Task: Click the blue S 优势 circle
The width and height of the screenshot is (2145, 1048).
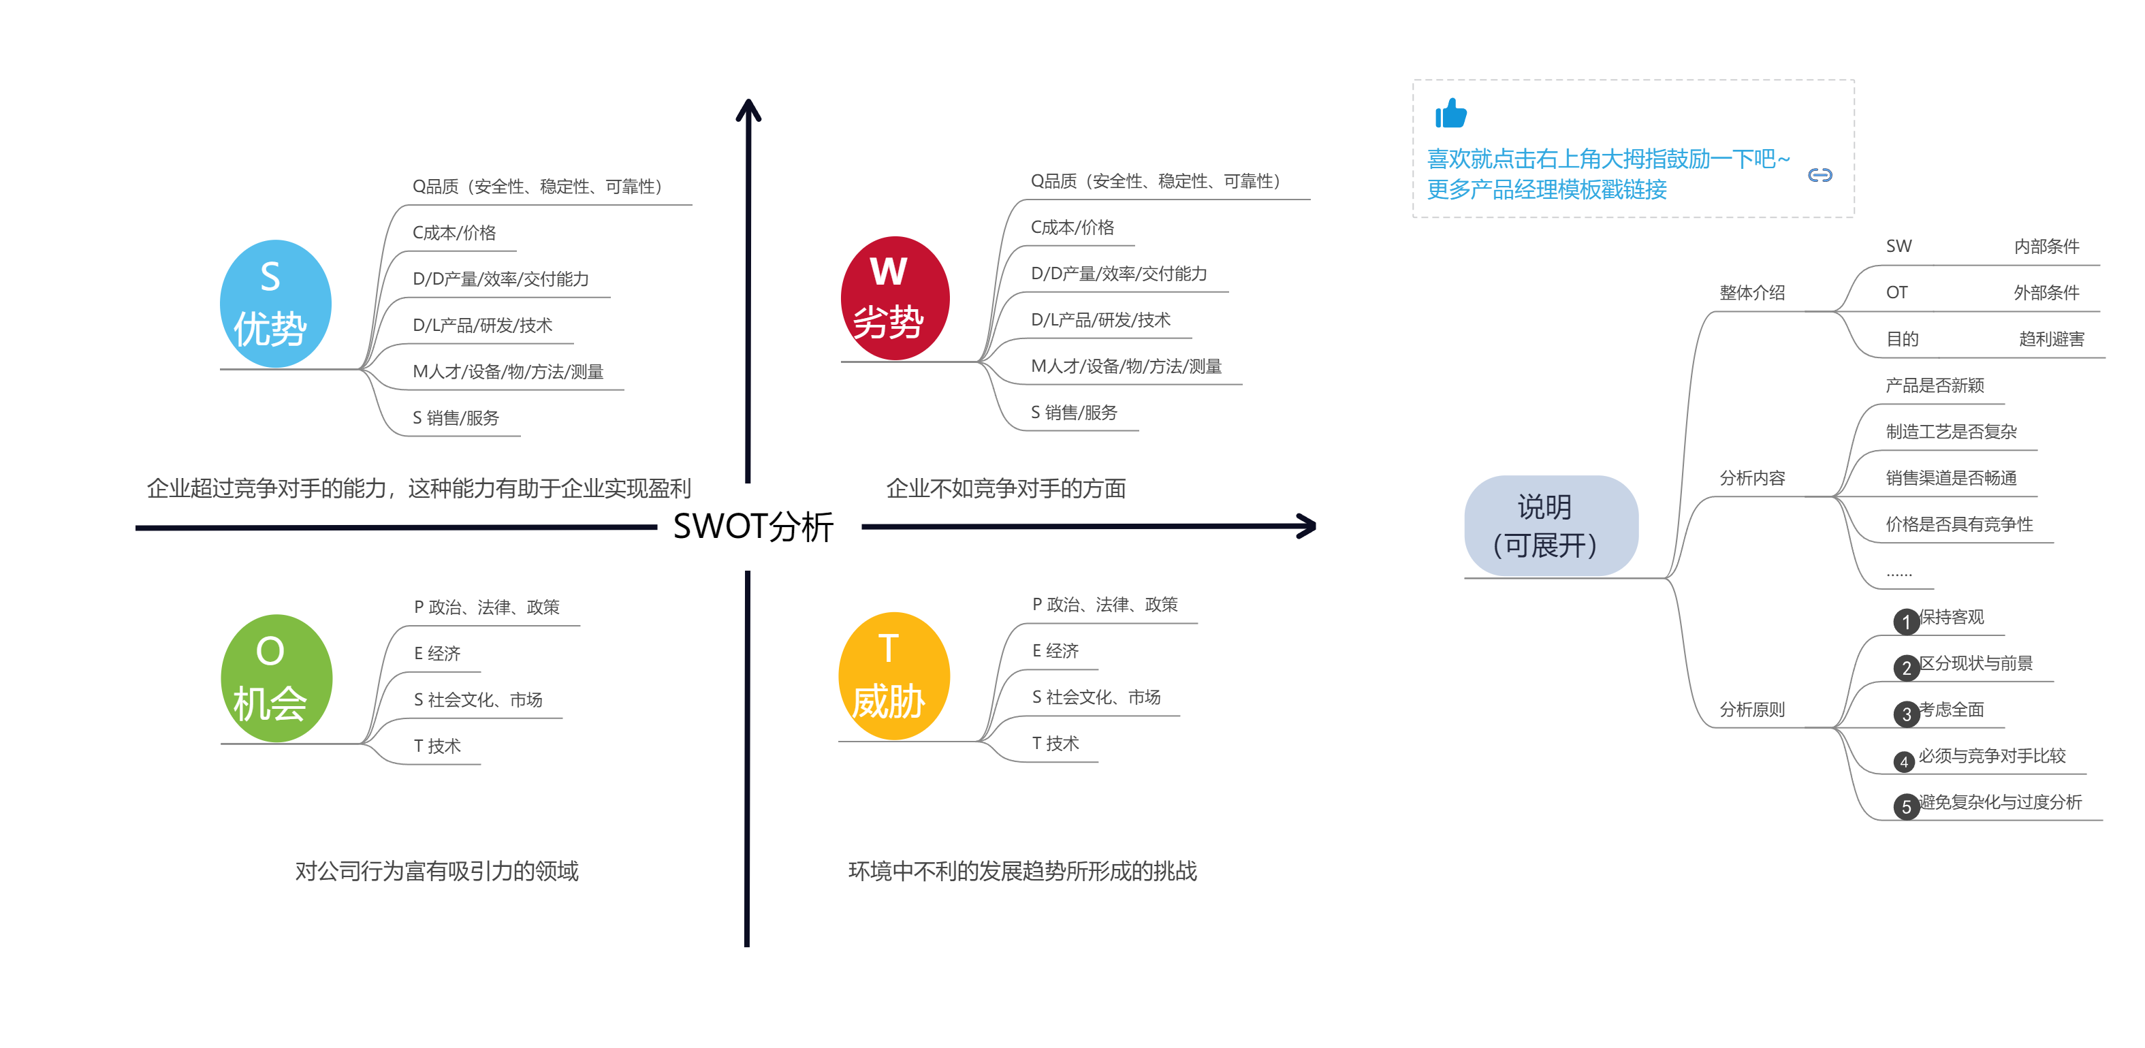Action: click(276, 304)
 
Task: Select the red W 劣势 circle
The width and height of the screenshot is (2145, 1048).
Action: click(895, 298)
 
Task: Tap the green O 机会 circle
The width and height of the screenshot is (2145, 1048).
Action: click(276, 678)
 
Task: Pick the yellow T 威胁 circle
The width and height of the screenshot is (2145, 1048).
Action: click(894, 676)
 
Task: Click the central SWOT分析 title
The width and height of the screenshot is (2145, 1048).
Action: click(752, 526)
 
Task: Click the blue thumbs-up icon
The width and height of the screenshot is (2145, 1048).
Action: click(1450, 113)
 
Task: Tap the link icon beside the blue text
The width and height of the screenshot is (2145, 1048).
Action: click(1820, 175)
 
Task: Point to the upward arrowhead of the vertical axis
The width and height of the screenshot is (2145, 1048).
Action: click(748, 104)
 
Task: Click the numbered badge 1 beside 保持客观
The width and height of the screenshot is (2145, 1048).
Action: click(1906, 622)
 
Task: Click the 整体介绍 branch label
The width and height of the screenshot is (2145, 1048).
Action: click(1752, 292)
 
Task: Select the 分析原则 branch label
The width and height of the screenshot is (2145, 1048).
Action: click(1752, 709)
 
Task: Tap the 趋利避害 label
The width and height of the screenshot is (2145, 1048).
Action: click(2051, 339)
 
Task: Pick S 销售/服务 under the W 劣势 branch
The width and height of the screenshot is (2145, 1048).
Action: click(1073, 412)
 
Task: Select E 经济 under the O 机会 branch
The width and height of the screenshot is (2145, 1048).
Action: click(437, 654)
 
